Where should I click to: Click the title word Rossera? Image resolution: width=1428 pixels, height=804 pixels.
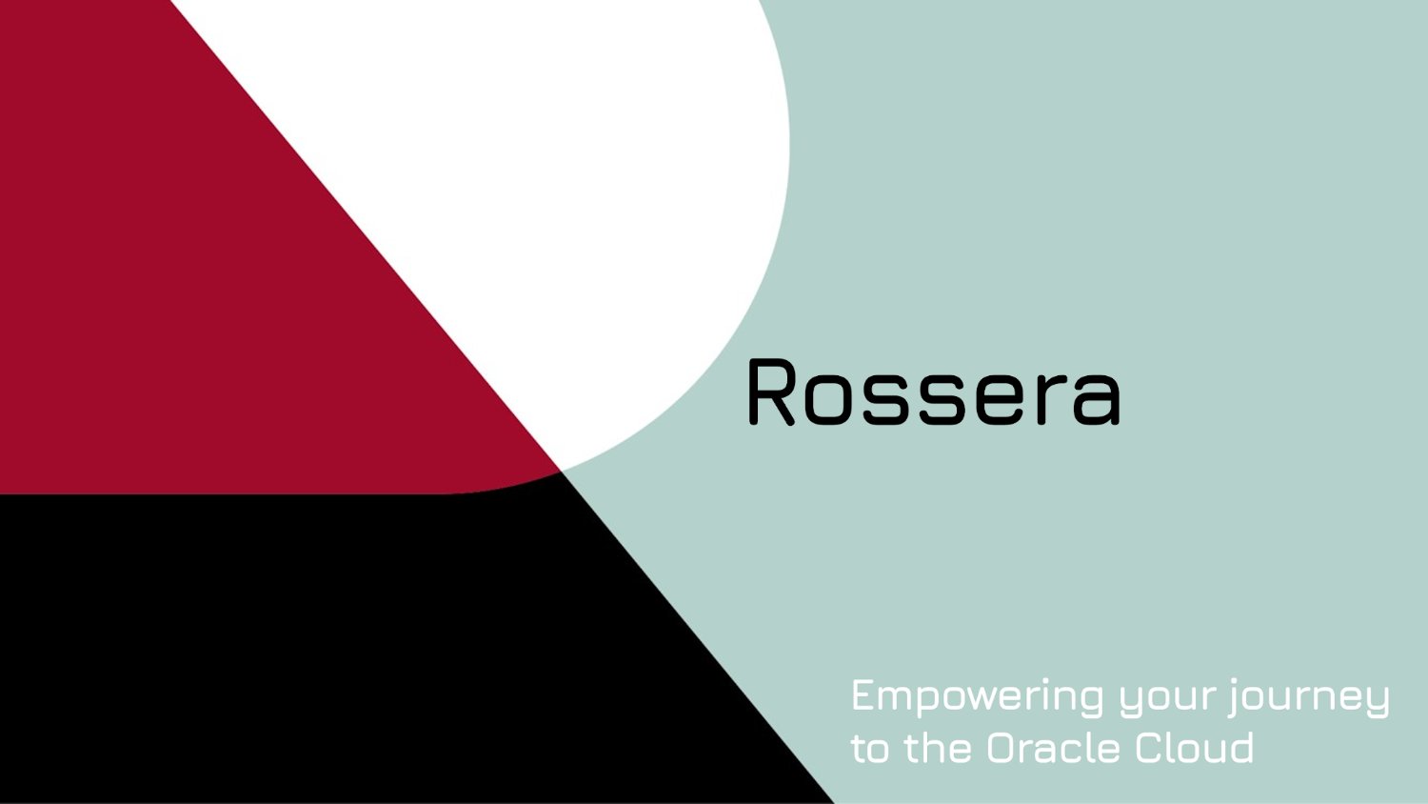coord(934,392)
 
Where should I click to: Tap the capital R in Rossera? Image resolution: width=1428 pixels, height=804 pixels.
coord(770,392)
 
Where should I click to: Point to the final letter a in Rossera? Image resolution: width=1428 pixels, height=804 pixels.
coord(1097,398)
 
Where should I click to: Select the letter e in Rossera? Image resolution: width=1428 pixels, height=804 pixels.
coord(999,398)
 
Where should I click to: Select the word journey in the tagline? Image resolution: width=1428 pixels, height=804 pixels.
coord(1309,697)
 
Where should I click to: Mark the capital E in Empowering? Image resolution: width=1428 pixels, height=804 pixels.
coord(862,695)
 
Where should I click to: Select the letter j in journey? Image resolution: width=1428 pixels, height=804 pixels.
coord(1236,697)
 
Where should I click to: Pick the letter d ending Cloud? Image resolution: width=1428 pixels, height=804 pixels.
coord(1240,748)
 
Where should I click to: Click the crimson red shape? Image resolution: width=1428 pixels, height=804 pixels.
coord(190,286)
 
